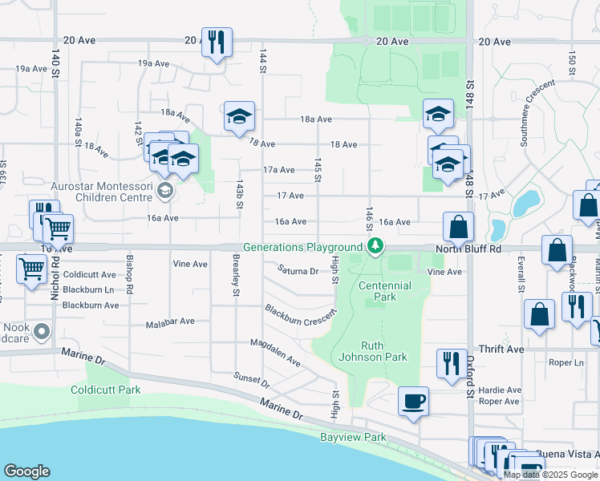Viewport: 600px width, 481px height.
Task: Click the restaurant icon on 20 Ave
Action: (x=217, y=42)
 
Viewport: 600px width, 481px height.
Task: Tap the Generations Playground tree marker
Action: (x=374, y=248)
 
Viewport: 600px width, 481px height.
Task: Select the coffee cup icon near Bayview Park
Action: (x=413, y=402)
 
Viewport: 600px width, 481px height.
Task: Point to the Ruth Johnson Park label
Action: (x=373, y=352)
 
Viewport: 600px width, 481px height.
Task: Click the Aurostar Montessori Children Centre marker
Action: (x=164, y=190)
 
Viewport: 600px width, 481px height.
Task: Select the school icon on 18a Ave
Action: (x=239, y=117)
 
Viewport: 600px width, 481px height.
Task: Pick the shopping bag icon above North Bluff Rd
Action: (x=458, y=228)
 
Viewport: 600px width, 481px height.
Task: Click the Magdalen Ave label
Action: (x=275, y=354)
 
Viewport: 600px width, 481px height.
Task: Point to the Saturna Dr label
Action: (x=298, y=271)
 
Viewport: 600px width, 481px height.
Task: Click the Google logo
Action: (x=26, y=471)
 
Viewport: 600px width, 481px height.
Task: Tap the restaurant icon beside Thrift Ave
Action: (x=452, y=363)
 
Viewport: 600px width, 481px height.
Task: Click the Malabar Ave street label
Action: (x=170, y=321)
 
